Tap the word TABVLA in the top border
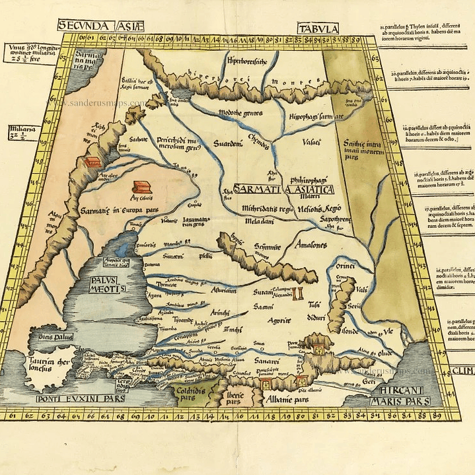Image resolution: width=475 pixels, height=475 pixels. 318,28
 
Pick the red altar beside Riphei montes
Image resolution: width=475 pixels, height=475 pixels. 90,163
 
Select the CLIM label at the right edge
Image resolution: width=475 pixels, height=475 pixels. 462,371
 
